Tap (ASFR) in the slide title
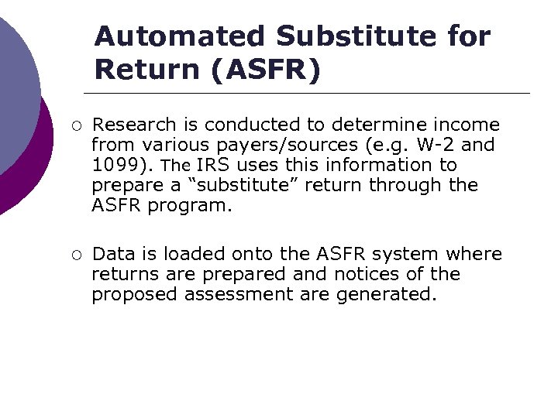(263, 70)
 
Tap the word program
(191, 205)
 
